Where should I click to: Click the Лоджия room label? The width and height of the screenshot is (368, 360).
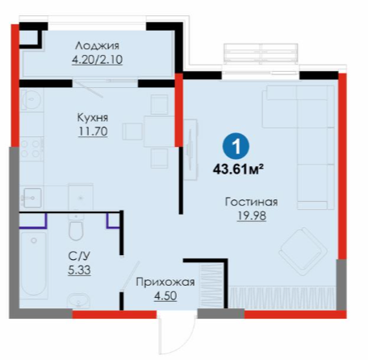pos(97,46)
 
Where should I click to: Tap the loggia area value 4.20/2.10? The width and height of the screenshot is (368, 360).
pos(97,60)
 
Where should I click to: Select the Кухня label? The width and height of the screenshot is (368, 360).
pos(93,118)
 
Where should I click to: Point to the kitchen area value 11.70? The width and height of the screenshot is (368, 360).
pos(93,132)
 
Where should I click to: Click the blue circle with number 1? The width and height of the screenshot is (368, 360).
pos(236,147)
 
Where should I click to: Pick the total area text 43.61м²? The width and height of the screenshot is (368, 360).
pos(238,170)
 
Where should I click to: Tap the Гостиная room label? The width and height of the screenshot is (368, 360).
pos(252,202)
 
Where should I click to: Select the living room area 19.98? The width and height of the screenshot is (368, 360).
pos(252,216)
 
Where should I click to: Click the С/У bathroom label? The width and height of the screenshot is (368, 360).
pos(79,256)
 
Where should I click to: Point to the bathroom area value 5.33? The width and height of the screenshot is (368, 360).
pos(79,270)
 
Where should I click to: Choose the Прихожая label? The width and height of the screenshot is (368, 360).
pos(165,283)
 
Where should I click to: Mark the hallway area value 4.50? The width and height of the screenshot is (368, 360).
pos(165,296)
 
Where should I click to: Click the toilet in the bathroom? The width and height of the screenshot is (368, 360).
pos(76,228)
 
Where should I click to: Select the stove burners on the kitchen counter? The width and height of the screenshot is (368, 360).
pos(31,149)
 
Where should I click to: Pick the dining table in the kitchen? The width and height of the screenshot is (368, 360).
pos(159,132)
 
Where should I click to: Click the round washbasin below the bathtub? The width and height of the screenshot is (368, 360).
pos(78,300)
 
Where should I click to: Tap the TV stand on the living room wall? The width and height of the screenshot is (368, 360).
pos(190,149)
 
